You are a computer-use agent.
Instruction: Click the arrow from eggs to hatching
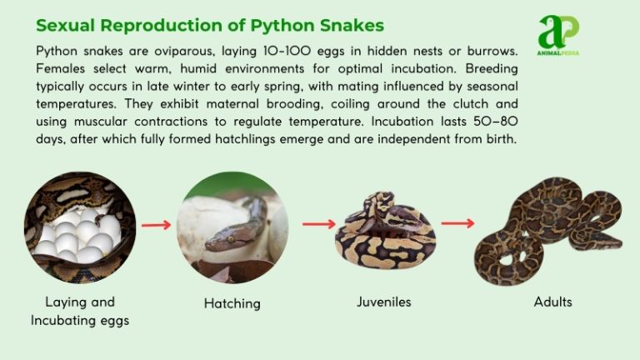[156, 224]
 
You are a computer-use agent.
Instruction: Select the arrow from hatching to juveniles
[318, 224]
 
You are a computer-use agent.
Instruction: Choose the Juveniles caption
[384, 302]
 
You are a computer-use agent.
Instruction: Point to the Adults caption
[553, 302]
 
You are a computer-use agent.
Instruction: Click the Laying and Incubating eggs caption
[80, 311]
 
